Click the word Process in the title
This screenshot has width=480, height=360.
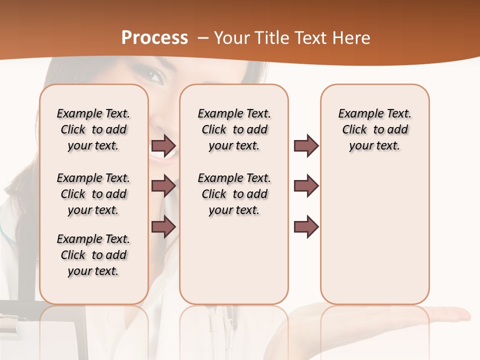tap(154, 38)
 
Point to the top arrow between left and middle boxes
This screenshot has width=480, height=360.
tap(163, 146)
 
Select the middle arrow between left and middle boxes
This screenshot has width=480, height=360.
tap(163, 186)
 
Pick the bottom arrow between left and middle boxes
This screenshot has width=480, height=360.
tap(163, 226)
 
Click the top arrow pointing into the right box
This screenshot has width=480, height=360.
tap(306, 146)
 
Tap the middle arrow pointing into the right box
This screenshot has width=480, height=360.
tap(306, 186)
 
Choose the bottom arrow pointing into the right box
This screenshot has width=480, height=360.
tap(306, 226)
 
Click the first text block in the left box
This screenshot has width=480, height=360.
tap(93, 129)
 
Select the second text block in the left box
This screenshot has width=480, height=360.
tap(93, 194)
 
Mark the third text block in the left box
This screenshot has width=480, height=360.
tap(93, 255)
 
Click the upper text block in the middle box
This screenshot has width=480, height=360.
tap(234, 129)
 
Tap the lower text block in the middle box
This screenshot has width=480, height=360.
tap(234, 194)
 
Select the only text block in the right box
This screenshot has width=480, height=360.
tap(374, 129)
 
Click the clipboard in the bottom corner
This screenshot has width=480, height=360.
tap(20, 330)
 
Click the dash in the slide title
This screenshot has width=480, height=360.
tap(203, 38)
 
